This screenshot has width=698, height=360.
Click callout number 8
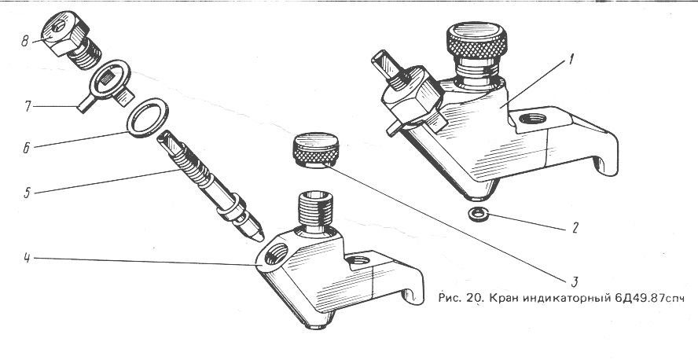[25, 42]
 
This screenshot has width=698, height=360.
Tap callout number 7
[28, 107]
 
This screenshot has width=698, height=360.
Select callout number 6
[27, 148]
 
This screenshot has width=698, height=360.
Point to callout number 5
[28, 193]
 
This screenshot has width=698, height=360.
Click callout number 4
[28, 258]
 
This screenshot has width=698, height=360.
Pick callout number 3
[575, 281]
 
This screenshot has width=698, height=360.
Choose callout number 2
[575, 228]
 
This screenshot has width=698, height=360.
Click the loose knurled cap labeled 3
[316, 150]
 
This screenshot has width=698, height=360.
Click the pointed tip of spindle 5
[261, 238]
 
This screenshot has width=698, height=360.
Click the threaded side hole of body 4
[273, 255]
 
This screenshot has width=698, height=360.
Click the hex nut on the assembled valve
[412, 99]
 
